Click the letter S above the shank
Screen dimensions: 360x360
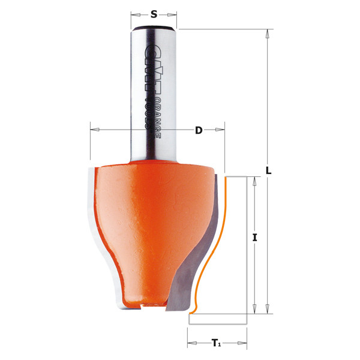click(154, 14)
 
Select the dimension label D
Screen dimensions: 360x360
click(198, 130)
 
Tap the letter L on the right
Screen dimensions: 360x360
click(269, 170)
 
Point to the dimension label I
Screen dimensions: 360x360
click(255, 238)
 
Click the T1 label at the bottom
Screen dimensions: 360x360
click(216, 344)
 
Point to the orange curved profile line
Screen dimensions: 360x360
click(223, 240)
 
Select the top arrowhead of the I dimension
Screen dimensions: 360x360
click(255, 179)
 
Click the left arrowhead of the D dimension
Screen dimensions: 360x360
click(93, 130)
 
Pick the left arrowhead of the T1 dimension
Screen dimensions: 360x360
click(191, 344)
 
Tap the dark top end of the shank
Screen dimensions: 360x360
click(154, 28)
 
